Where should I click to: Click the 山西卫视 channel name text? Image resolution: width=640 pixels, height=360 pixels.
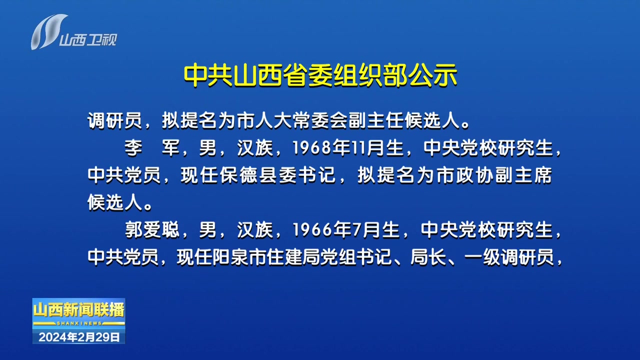(88, 39)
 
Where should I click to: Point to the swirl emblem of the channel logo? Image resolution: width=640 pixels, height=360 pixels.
(48, 31)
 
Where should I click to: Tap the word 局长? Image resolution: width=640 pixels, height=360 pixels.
(428, 257)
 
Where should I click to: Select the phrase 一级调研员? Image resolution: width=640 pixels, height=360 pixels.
(509, 257)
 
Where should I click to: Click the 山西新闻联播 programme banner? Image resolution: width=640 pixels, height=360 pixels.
(79, 310)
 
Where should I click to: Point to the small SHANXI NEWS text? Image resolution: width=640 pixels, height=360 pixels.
(79, 323)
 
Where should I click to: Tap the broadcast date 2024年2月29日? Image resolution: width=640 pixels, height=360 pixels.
(79, 337)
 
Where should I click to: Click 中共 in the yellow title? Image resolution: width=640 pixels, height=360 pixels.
(207, 75)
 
